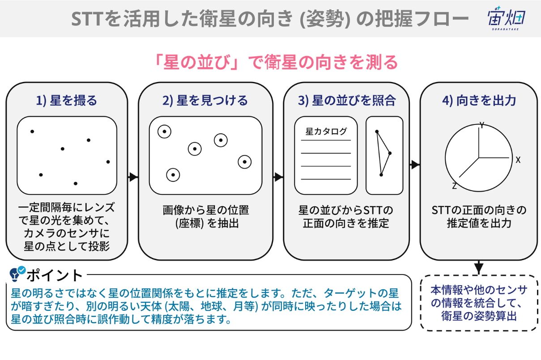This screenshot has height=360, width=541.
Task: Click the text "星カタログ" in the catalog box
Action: (x=326, y=131)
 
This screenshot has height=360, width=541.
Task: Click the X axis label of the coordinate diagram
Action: (x=518, y=160)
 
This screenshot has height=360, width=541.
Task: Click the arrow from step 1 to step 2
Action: (x=133, y=177)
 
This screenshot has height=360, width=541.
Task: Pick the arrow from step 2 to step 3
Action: (x=278, y=177)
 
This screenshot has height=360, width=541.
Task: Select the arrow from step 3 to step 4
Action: (x=414, y=164)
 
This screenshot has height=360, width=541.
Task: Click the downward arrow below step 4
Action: (x=479, y=268)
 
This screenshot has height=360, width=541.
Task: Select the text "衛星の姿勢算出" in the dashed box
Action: (x=479, y=316)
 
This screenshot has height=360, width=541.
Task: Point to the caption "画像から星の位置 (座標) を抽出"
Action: (x=205, y=216)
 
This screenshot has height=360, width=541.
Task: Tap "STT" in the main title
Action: (x=87, y=19)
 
